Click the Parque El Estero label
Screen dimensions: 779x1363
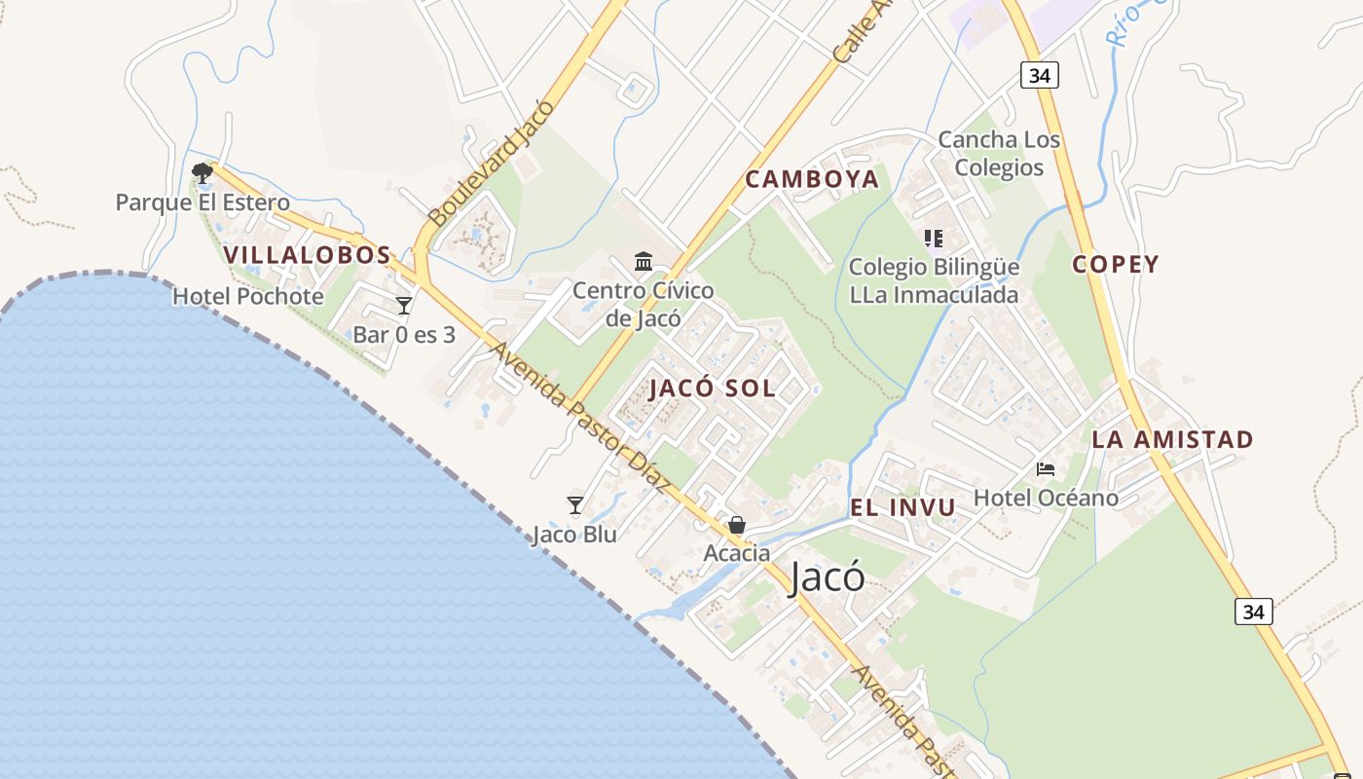[203, 203]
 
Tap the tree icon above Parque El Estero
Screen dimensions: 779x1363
[203, 173]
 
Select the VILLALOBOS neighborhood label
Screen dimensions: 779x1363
[307, 255]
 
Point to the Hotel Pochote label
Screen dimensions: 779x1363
[248, 296]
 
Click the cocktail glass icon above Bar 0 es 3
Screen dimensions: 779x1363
[404, 306]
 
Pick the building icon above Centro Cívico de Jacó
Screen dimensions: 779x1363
[644, 262]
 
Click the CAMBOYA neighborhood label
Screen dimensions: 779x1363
[812, 179]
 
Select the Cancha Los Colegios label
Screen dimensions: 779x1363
[999, 154]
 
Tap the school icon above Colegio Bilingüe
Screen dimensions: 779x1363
[934, 238]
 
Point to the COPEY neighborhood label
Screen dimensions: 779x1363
[1116, 264]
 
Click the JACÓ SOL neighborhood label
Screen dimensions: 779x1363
[712, 389]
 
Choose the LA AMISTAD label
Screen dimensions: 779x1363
[1172, 439]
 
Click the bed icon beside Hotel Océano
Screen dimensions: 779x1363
[1046, 469]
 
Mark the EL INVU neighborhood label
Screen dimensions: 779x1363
[903, 507]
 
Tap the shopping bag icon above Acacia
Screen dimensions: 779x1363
[737, 525]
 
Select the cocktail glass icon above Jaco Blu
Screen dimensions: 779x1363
[575, 504]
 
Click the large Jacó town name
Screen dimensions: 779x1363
[827, 576]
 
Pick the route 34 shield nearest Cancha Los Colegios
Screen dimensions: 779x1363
[1040, 75]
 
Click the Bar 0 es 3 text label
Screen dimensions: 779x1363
[404, 335]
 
